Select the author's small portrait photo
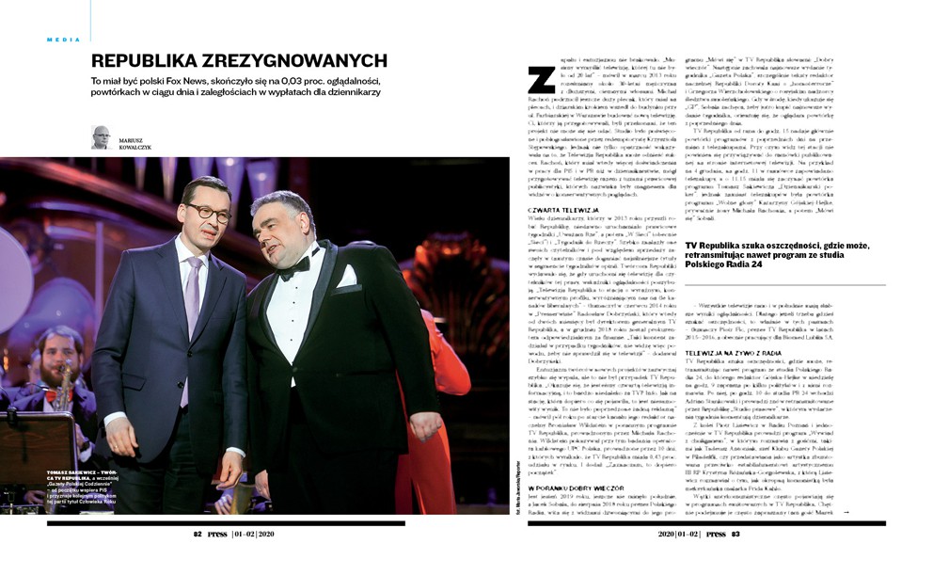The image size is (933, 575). (x=101, y=136)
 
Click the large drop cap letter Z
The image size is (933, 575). (x=540, y=81)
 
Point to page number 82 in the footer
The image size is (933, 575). (x=198, y=534)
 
